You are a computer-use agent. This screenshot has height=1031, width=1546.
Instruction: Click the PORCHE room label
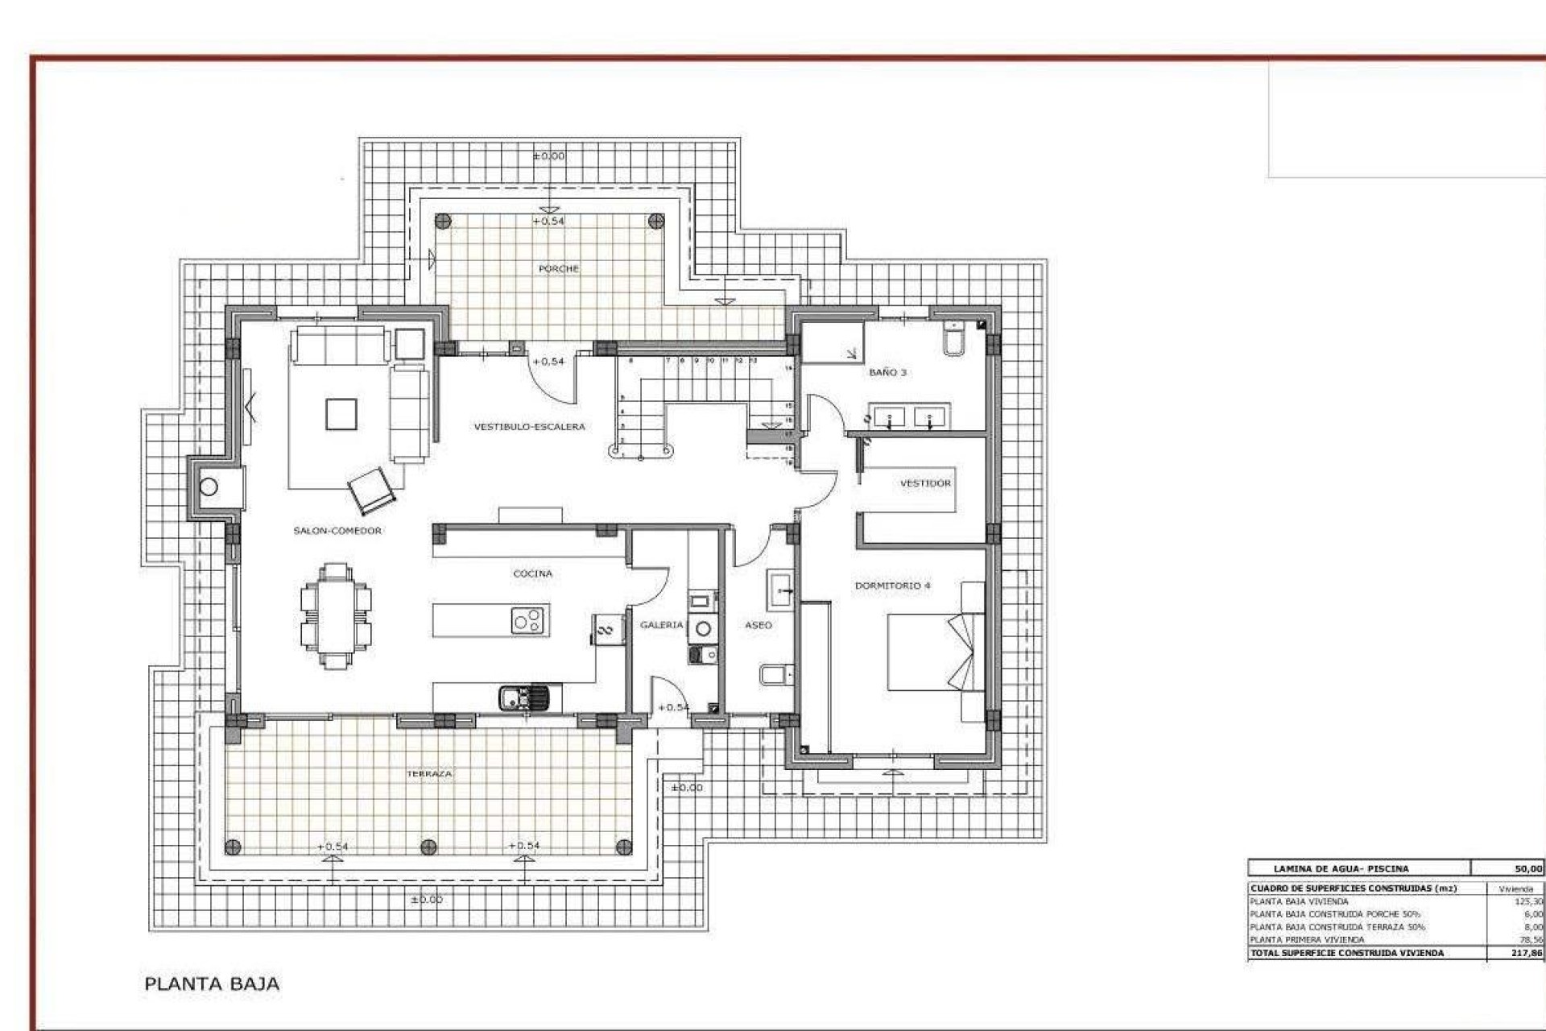point(558,268)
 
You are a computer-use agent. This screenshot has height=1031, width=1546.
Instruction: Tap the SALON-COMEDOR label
point(337,531)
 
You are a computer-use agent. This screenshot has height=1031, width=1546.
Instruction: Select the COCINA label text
point(532,573)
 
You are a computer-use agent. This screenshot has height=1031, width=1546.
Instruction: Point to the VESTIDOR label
point(925,483)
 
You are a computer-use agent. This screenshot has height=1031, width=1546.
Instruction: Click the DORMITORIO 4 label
point(892,586)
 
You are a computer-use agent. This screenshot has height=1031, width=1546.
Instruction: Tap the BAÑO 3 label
point(887,372)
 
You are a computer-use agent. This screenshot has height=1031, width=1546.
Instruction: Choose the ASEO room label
point(758,624)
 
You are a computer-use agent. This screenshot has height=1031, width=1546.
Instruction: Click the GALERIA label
point(661,624)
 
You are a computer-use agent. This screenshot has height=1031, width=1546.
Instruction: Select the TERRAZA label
point(429,773)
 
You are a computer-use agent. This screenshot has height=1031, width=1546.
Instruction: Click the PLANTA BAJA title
point(212,983)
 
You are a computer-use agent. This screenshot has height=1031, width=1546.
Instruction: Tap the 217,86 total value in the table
point(1527,953)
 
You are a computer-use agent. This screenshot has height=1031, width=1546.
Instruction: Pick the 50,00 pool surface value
point(1527,869)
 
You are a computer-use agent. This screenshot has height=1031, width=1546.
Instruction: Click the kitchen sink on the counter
point(522,696)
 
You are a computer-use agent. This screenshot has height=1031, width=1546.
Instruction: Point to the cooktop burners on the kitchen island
point(529,620)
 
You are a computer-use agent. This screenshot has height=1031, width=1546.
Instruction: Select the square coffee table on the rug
point(341,414)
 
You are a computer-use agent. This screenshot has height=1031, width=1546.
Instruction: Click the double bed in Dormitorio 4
point(934,652)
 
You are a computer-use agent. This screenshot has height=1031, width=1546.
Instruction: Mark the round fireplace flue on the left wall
point(209,487)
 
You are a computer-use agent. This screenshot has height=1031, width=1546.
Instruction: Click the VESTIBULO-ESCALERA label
point(529,427)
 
